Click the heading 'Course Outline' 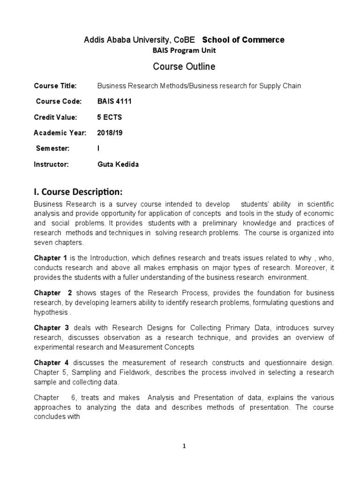(184, 67)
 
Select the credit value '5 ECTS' (109, 117)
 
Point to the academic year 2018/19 (109, 133)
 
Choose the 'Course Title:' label (55, 86)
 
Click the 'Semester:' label (53, 149)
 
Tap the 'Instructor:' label (52, 165)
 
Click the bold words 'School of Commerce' (243, 40)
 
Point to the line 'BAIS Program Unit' (184, 50)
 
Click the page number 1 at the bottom (184, 447)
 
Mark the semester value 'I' (98, 149)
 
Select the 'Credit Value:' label (55, 117)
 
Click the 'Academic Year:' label (60, 133)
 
